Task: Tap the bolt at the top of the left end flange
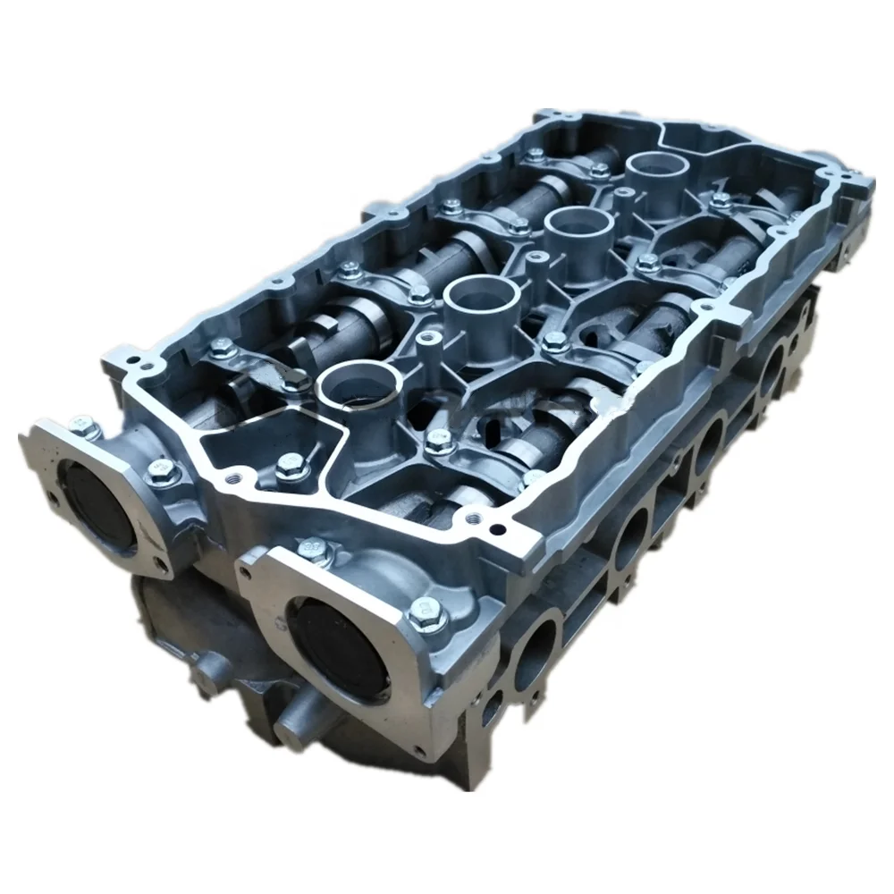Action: pyautogui.click(x=86, y=428)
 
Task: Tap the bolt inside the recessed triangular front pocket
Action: pyautogui.click(x=290, y=464)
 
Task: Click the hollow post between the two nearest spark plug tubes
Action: pyautogui.click(x=427, y=342)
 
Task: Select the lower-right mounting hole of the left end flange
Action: pyautogui.click(x=162, y=565)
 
